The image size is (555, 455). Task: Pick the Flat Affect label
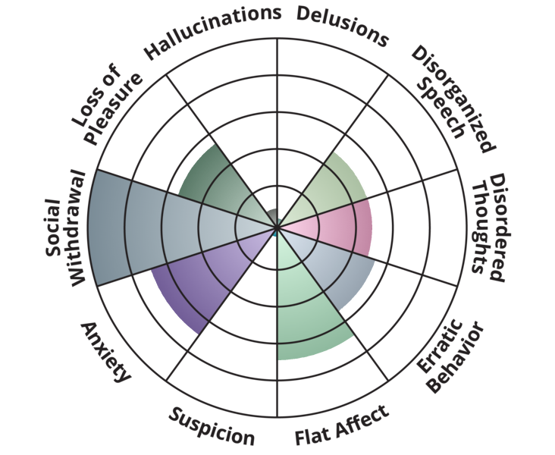(x=342, y=425)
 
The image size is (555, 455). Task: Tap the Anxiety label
(x=106, y=352)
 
